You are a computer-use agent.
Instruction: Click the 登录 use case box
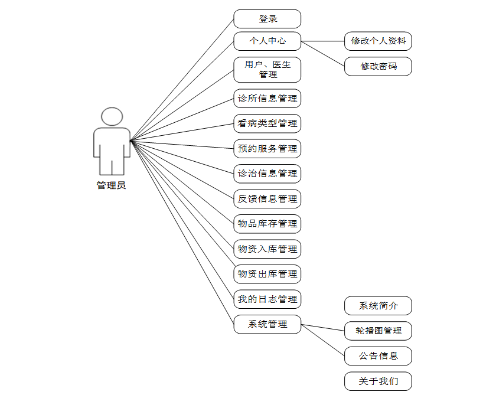[x=267, y=19]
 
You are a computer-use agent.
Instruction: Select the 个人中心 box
[x=267, y=41]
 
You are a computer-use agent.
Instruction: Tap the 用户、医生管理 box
[x=267, y=70]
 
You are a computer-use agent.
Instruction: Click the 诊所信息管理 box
[x=267, y=99]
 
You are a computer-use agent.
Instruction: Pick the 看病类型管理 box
[x=267, y=123]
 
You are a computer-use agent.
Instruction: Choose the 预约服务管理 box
[x=267, y=149]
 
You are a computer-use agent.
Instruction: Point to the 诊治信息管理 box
[x=267, y=174]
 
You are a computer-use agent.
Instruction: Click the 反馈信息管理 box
[x=267, y=199]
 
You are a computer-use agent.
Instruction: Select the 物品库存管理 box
[x=267, y=224]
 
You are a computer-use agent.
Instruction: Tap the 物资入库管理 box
[x=267, y=249]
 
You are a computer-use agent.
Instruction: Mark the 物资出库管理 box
[x=267, y=274]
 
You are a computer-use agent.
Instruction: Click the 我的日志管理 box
[x=267, y=299]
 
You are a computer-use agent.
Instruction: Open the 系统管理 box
[x=267, y=324]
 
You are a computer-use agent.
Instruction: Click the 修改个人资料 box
[x=378, y=41]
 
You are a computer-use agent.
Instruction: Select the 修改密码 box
[x=378, y=66]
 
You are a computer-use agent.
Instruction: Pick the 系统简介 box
[x=378, y=306]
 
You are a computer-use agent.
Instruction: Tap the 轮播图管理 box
[x=378, y=331]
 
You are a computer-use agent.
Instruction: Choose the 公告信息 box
[x=378, y=356]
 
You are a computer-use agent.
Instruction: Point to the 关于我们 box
[x=378, y=381]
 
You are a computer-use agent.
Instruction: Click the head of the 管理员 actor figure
[x=112, y=116]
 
